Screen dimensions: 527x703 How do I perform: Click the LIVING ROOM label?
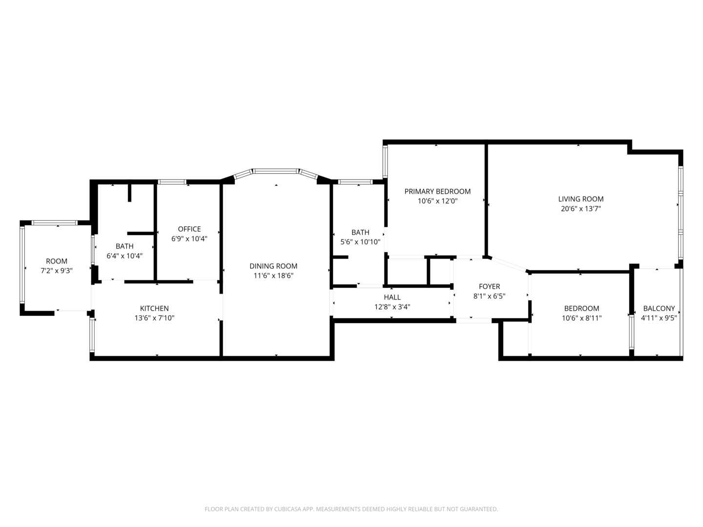580,199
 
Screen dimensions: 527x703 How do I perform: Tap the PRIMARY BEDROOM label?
437,191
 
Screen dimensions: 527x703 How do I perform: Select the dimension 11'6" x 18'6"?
273,276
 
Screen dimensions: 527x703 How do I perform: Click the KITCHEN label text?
154,308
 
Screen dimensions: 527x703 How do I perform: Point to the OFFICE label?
189,229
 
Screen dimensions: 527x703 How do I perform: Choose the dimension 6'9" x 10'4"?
189,239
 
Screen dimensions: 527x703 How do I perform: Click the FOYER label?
489,286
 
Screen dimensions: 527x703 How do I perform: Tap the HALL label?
392,297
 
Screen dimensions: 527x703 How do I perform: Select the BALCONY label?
659,308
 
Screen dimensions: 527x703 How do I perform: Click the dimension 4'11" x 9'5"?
659,318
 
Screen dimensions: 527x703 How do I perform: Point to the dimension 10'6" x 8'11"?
581,318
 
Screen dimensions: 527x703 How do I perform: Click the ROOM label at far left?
57,261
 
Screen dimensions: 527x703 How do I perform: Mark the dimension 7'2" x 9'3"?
57,271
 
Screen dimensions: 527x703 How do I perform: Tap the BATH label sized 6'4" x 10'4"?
124,246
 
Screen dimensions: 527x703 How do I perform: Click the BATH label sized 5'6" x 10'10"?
360,232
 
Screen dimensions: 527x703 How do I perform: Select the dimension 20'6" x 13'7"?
580,209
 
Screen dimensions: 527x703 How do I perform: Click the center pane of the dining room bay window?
276,171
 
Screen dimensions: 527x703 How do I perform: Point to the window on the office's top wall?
172,182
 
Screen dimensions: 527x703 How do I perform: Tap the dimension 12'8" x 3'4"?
392,307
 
